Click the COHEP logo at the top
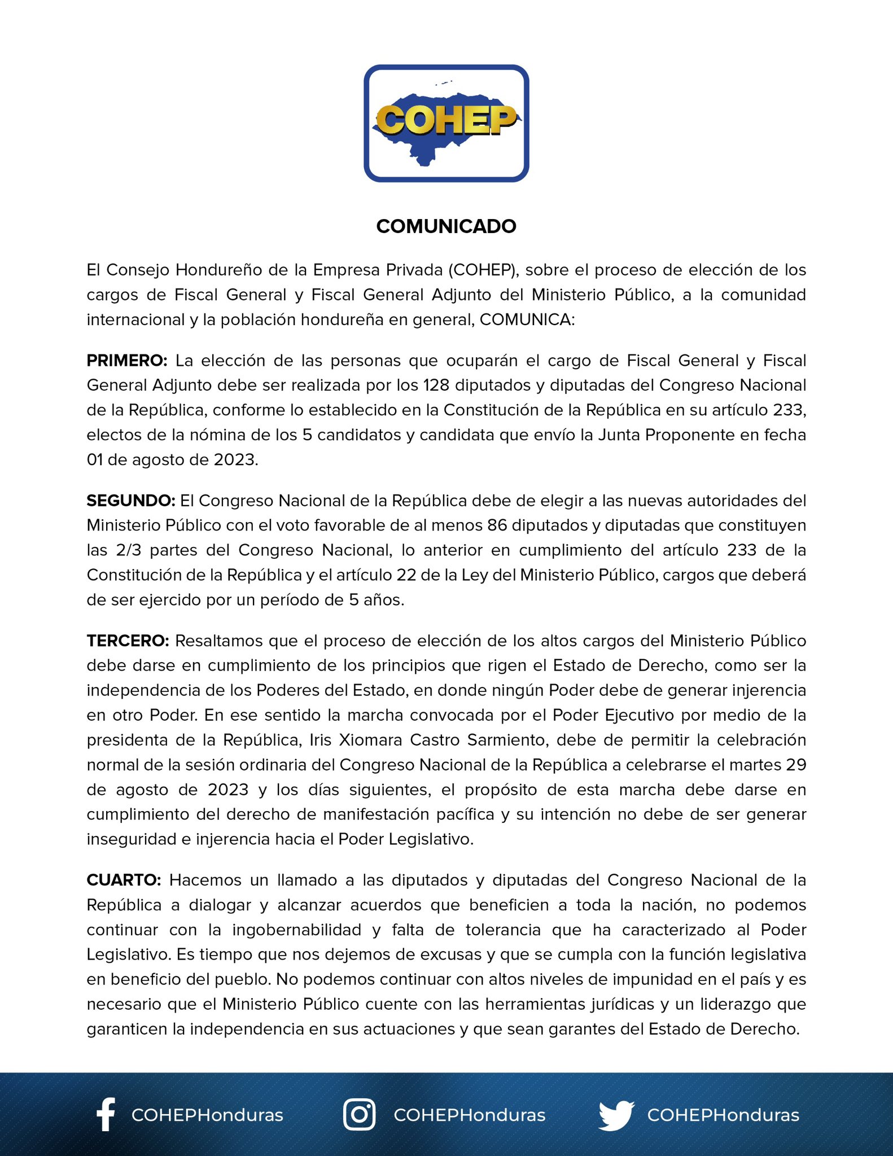(x=446, y=123)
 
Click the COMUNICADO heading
(x=446, y=226)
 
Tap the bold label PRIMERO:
(x=127, y=361)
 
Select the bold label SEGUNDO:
(x=130, y=501)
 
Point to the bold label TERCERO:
(x=128, y=641)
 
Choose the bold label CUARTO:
(x=124, y=880)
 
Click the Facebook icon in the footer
(x=106, y=1114)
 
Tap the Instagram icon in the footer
(x=360, y=1114)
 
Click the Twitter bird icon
(x=616, y=1115)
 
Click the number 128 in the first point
(x=436, y=386)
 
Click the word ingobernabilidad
(x=296, y=930)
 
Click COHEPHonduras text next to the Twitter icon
(x=723, y=1115)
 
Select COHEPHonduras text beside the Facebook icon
(x=207, y=1115)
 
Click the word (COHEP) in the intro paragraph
(x=483, y=270)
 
